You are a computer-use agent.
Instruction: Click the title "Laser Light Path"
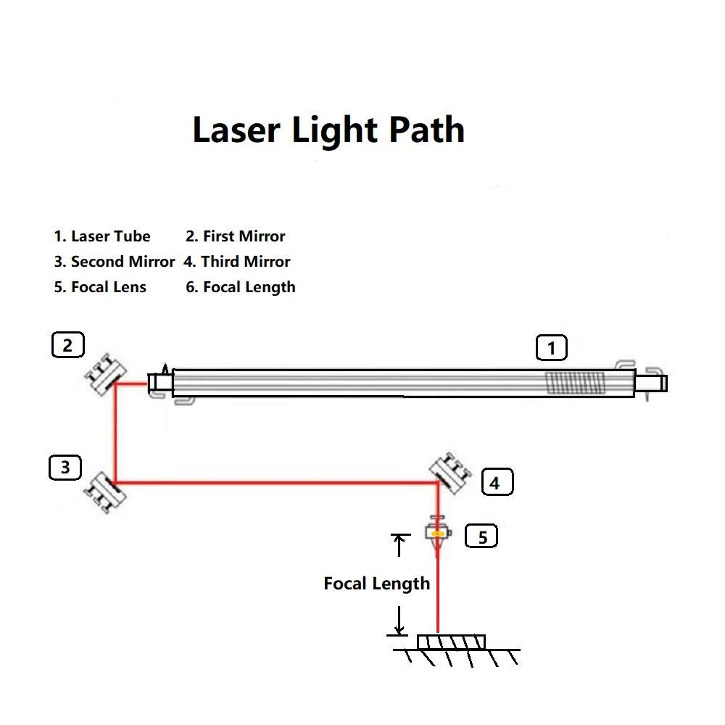[328, 130]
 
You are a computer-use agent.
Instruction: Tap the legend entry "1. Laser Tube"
[102, 236]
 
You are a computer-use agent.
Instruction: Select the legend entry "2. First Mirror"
[236, 236]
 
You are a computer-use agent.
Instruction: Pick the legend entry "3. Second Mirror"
[115, 262]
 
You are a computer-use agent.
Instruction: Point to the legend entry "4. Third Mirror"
[237, 262]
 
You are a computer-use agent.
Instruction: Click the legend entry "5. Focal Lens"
[100, 287]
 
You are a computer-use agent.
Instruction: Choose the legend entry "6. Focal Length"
[241, 288]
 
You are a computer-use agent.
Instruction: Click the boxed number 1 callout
[551, 348]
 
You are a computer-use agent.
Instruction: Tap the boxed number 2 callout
[68, 345]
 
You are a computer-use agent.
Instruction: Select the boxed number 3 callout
[65, 468]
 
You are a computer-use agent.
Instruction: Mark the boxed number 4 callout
[497, 482]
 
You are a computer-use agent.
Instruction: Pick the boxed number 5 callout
[481, 536]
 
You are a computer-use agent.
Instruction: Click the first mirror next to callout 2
[106, 374]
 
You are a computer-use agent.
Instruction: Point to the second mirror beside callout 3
[105, 492]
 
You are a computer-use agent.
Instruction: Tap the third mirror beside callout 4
[450, 473]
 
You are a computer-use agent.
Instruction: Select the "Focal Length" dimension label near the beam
[377, 584]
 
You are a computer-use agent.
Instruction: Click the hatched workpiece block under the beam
[451, 642]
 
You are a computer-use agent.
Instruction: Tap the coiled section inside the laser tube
[575, 384]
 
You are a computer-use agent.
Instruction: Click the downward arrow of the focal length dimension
[399, 621]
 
